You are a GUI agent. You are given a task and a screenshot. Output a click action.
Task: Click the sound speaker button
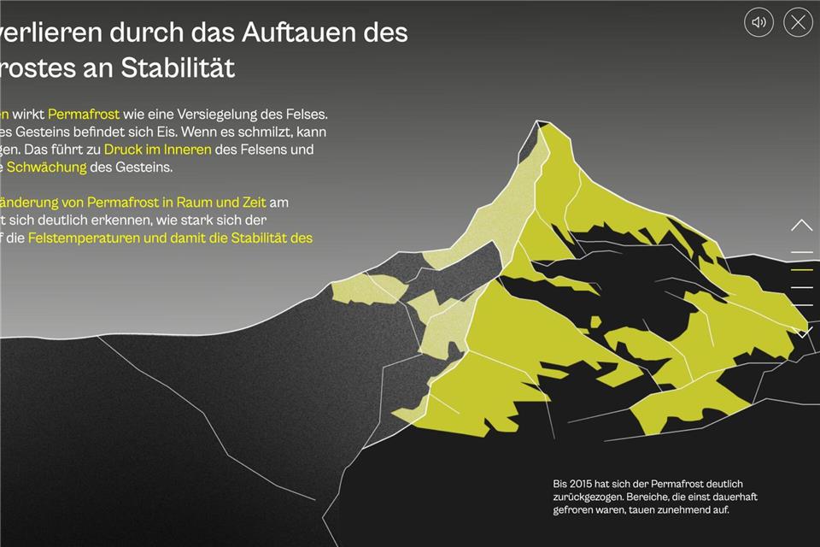pyautogui.click(x=758, y=22)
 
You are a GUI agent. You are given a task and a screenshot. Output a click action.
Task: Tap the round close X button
pyautogui.click(x=798, y=22)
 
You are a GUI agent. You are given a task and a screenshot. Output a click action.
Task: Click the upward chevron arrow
pyautogui.click(x=802, y=226)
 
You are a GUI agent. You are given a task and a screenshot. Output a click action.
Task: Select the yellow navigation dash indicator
pyautogui.click(x=802, y=270)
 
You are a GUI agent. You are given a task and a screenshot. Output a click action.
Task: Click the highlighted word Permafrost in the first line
pyautogui.click(x=84, y=114)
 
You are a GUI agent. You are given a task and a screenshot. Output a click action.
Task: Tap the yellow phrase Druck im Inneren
pyautogui.click(x=157, y=150)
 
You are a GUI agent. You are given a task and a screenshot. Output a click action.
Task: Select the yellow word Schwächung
pyautogui.click(x=47, y=168)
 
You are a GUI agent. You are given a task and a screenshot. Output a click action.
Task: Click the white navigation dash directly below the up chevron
pyautogui.click(x=802, y=252)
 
